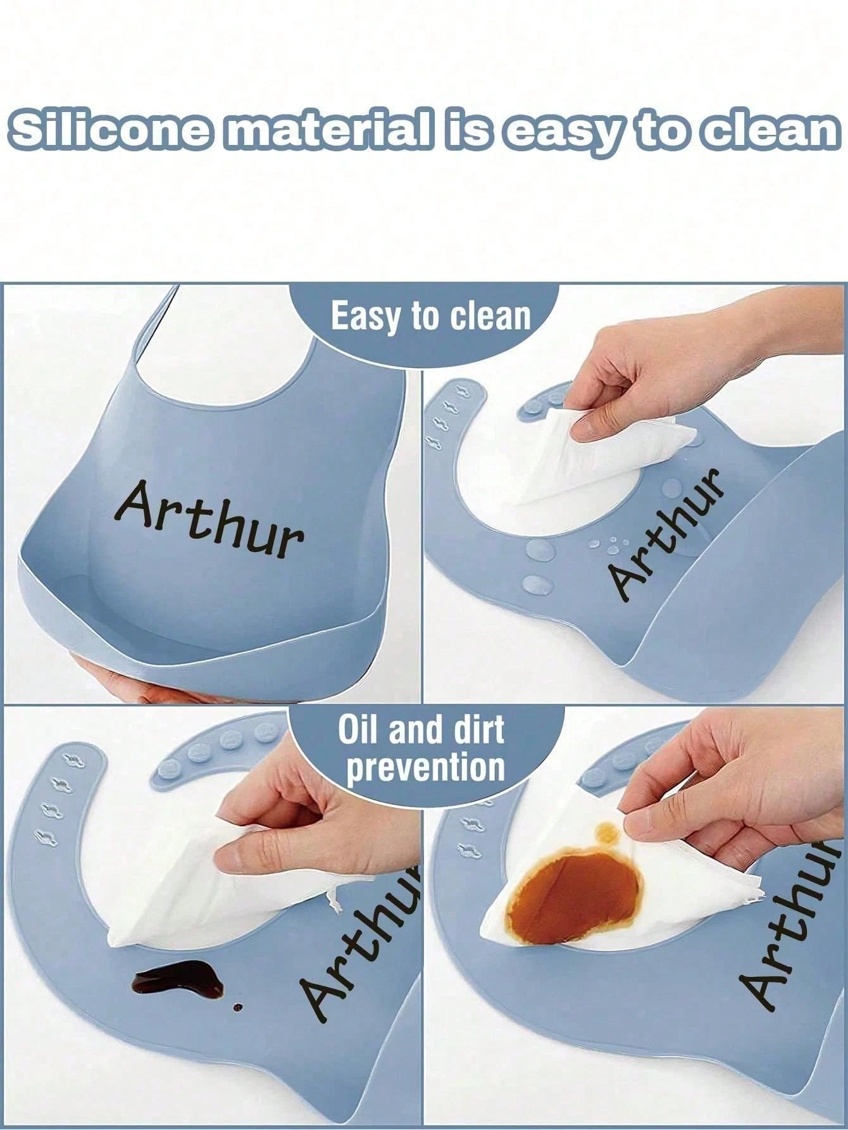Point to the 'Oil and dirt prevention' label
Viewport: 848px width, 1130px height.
point(422,748)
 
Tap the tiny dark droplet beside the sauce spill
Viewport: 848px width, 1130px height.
point(237,1024)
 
